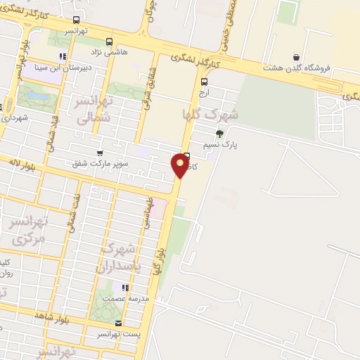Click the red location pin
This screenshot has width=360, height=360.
(x=180, y=165)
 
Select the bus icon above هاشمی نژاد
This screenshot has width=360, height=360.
(x=108, y=41)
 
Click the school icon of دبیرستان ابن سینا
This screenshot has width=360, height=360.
(x=63, y=56)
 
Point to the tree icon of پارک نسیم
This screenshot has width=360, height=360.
(x=220, y=133)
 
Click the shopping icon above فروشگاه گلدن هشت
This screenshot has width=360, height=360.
(x=296, y=57)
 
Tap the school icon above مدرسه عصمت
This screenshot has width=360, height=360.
(x=125, y=288)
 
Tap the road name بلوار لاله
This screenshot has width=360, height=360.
(x=22, y=163)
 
